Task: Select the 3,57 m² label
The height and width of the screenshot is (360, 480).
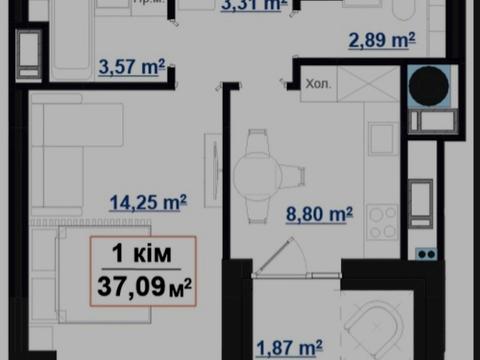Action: click(x=131, y=67)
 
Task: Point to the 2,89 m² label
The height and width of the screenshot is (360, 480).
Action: click(x=381, y=42)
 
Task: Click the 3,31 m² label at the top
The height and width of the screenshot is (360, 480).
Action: click(x=253, y=6)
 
